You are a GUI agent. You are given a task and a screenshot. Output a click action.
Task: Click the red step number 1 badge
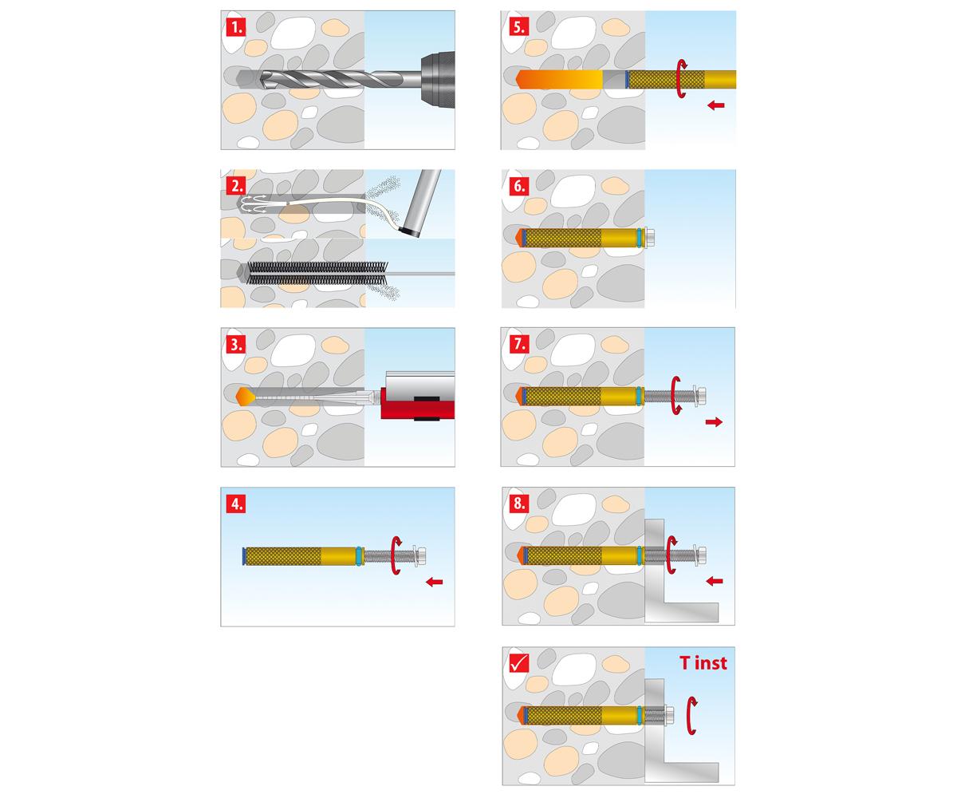tap(235, 26)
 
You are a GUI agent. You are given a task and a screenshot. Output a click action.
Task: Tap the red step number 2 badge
tap(235, 186)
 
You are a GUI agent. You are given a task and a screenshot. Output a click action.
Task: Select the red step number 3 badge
tap(235, 345)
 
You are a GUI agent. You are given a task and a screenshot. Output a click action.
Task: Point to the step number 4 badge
tap(235, 504)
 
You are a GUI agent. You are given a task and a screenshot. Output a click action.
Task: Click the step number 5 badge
tap(518, 26)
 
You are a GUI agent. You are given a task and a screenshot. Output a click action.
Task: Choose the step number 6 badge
tap(518, 186)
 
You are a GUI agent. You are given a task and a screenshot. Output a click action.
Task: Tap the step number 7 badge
tap(518, 344)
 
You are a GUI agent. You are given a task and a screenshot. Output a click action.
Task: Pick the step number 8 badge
tap(518, 504)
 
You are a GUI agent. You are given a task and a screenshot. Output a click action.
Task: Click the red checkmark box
tap(518, 662)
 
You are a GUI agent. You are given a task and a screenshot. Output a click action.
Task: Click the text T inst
tap(703, 662)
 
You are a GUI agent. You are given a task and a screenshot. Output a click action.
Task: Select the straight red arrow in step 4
tap(434, 582)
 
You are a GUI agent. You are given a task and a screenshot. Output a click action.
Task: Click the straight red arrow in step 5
tap(715, 105)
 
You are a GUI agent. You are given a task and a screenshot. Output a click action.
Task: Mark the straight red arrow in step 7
tap(714, 421)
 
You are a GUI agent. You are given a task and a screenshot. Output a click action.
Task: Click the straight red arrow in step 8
tap(715, 581)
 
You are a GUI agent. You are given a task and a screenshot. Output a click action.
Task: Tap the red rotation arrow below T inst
tap(692, 713)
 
